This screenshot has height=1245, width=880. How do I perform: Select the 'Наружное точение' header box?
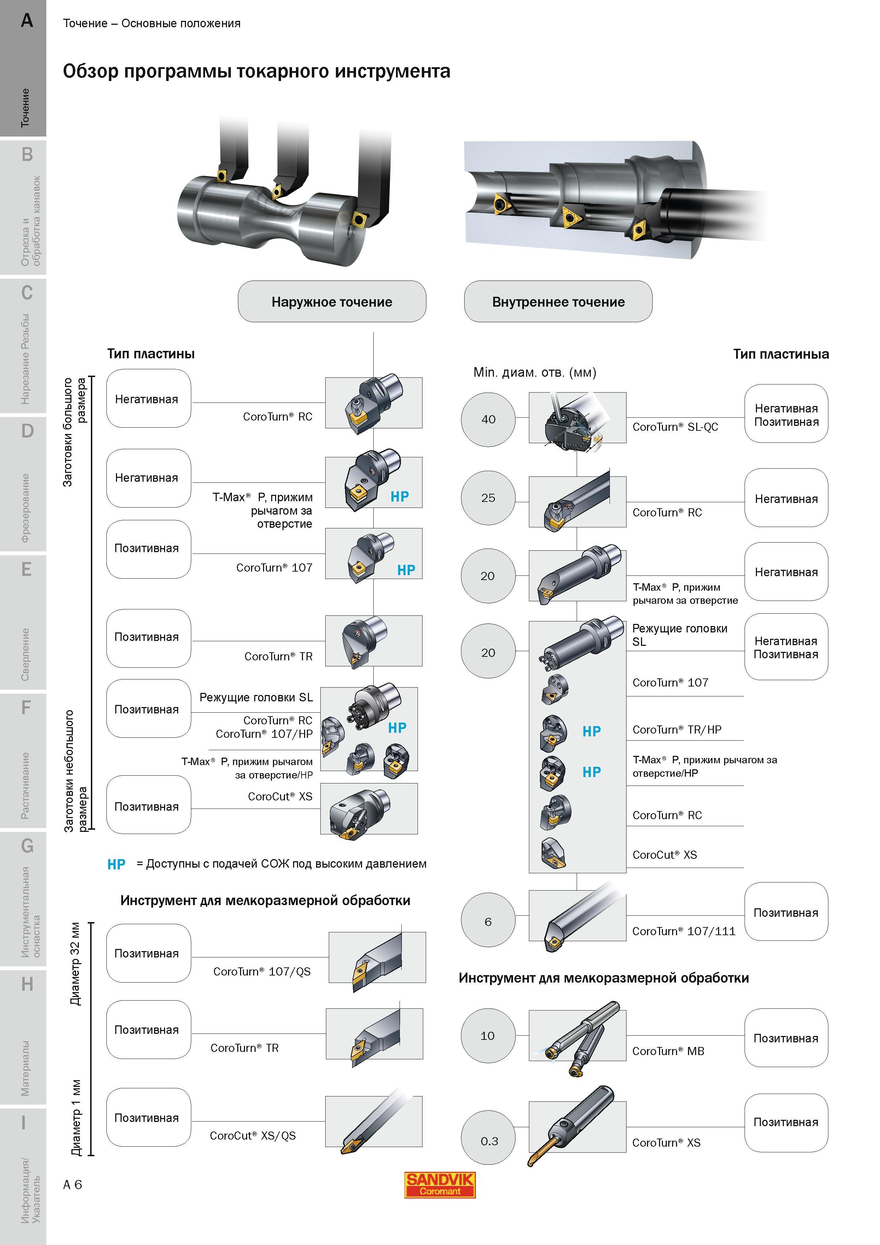[x=332, y=301]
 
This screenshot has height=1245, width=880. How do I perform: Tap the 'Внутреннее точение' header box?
[x=558, y=301]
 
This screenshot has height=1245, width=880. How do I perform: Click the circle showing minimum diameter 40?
[x=488, y=419]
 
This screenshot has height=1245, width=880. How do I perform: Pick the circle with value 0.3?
[x=488, y=1141]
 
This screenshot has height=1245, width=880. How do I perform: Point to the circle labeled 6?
[x=488, y=922]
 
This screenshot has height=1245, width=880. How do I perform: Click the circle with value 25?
[x=488, y=498]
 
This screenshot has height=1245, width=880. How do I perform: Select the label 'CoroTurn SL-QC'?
[x=675, y=427]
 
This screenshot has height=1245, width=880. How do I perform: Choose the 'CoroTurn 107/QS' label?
[x=262, y=972]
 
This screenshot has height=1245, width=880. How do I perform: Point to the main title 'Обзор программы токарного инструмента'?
[x=256, y=71]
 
